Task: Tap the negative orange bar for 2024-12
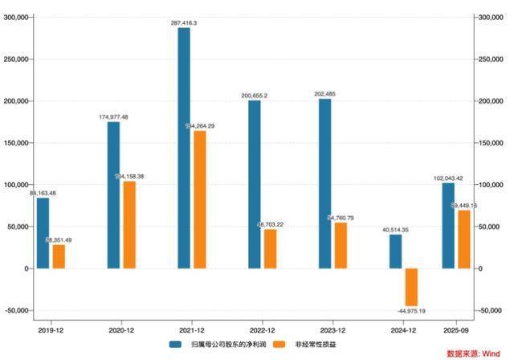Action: (411, 287)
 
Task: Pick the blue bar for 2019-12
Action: (43, 233)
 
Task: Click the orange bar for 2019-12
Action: (59, 256)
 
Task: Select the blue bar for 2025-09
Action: (448, 226)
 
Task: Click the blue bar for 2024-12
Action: (395, 252)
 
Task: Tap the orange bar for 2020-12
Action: (129, 224)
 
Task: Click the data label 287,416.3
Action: (184, 23)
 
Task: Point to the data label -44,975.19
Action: (411, 311)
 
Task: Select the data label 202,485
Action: (324, 94)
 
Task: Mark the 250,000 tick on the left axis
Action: (17, 59)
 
